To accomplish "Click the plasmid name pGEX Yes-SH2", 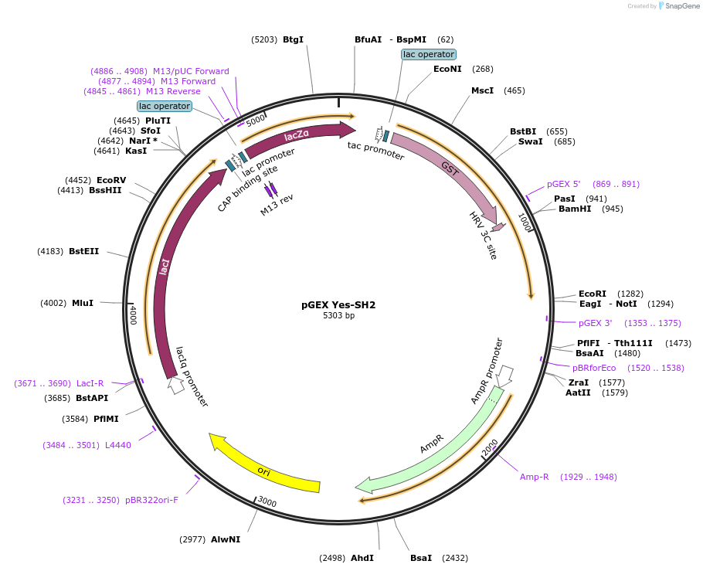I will (338, 304).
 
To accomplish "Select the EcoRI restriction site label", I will (592, 294).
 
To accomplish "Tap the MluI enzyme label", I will (82, 303).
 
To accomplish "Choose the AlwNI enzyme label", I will (226, 539).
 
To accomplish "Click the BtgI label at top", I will (293, 39).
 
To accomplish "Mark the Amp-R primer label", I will (534, 477).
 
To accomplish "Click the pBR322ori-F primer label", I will (151, 500).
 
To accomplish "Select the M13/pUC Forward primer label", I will (191, 71).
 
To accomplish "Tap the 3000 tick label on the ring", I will (267, 502).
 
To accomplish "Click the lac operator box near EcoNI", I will (429, 54).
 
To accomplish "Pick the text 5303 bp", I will (338, 315).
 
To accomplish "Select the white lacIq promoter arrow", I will (176, 385).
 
